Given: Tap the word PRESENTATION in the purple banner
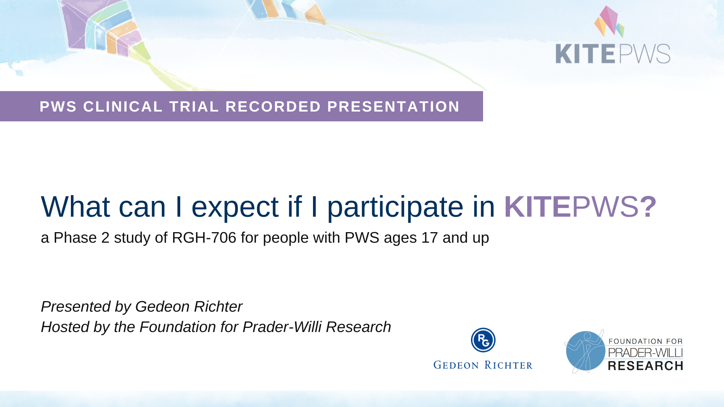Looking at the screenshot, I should pyautogui.click(x=393, y=107).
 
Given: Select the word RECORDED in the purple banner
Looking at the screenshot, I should pyautogui.click(x=273, y=107).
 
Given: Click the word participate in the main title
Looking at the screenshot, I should pyautogui.click(x=395, y=207).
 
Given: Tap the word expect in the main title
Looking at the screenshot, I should pyautogui.click(x=235, y=207).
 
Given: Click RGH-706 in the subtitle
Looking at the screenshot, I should pyautogui.click(x=204, y=238).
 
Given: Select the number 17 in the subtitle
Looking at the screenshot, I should pyautogui.click(x=429, y=238).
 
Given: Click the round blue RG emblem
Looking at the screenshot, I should pyautogui.click(x=483, y=340).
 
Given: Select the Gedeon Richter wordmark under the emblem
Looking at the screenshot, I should pyautogui.click(x=483, y=365).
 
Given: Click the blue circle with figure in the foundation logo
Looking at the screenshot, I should pyautogui.click(x=585, y=351).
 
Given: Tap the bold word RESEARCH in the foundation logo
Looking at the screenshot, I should pyautogui.click(x=646, y=366).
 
